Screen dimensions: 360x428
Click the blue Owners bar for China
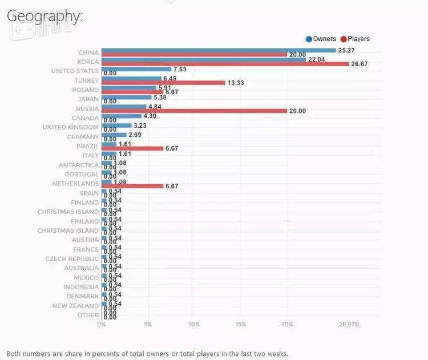point(219,50)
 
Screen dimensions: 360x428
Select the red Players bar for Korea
point(225,64)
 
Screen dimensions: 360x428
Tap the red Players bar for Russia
point(194,111)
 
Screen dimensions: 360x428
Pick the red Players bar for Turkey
point(163,83)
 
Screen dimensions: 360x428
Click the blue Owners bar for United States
point(136,69)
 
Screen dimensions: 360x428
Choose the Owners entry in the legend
point(321,39)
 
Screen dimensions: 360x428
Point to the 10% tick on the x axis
point(194,324)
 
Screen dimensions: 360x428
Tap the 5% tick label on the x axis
point(148,324)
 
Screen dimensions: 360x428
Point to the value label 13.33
point(236,83)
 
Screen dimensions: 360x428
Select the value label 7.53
point(180,69)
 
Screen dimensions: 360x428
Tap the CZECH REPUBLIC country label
point(72,258)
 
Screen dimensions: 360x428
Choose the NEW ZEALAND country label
point(76,306)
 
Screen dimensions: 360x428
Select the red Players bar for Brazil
point(132,148)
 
